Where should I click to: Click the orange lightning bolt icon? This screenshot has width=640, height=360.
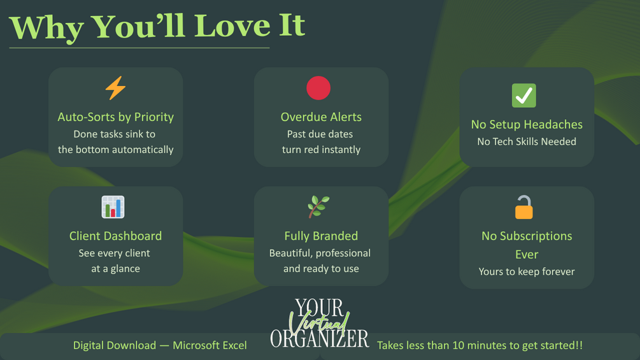[115, 88]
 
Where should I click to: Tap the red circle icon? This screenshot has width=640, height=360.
[318, 88]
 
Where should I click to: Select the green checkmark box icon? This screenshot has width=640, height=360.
[523, 96]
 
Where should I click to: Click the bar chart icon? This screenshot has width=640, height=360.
[113, 207]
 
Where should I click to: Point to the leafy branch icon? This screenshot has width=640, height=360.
[318, 206]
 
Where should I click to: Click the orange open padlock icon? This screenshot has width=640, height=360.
[523, 207]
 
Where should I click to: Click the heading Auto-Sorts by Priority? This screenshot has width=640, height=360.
[115, 117]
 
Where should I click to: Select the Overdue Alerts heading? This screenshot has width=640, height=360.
[321, 117]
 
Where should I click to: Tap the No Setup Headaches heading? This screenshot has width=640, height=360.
[527, 124]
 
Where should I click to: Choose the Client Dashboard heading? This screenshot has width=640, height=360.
[115, 236]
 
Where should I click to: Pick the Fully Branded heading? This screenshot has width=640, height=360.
[321, 236]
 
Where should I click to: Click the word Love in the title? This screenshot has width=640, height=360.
[232, 26]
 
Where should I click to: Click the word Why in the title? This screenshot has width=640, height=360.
[46, 29]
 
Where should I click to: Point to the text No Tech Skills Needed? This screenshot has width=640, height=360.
[527, 141]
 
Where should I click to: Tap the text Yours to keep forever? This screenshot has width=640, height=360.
[527, 271]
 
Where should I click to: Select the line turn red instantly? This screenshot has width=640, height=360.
[321, 150]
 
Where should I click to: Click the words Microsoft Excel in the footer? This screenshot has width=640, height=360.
[210, 345]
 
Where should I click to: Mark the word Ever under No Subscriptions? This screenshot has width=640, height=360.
[527, 255]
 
